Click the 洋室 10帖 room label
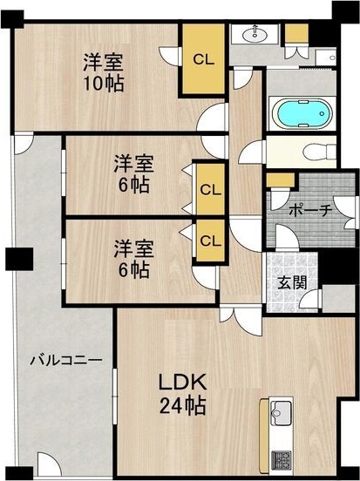103,72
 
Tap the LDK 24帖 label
182,393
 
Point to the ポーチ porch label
309,210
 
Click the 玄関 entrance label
293,282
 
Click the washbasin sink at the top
257,35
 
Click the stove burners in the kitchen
282,458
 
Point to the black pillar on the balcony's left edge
17,259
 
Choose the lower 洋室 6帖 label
133,258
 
